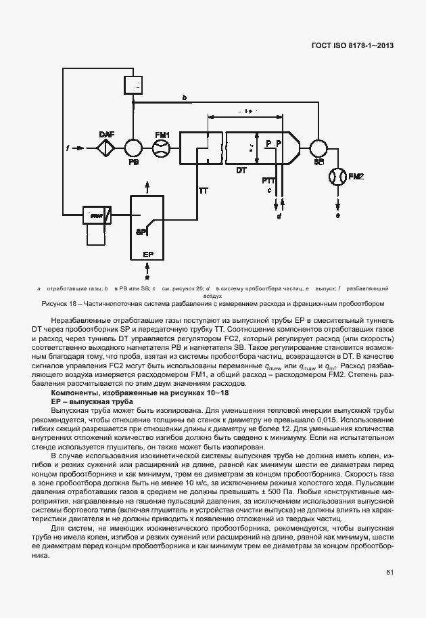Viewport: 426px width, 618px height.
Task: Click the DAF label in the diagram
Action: click(x=107, y=134)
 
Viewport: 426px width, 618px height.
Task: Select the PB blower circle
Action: click(x=133, y=148)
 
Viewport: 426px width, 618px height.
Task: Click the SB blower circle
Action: click(x=316, y=148)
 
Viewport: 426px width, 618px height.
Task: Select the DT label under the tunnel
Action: click(x=241, y=171)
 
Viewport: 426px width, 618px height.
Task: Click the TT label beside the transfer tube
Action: click(x=203, y=191)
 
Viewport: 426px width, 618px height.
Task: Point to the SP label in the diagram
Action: click(x=141, y=231)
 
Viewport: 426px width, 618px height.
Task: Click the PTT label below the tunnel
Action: click(x=268, y=180)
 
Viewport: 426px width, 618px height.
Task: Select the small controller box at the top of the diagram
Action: click(x=133, y=85)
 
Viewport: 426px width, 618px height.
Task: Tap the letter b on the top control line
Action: click(x=185, y=97)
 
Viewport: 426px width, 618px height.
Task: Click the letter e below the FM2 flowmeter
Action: click(x=337, y=215)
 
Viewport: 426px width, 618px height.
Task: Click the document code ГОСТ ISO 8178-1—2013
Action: click(x=352, y=47)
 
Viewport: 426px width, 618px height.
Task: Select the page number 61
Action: click(x=390, y=572)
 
